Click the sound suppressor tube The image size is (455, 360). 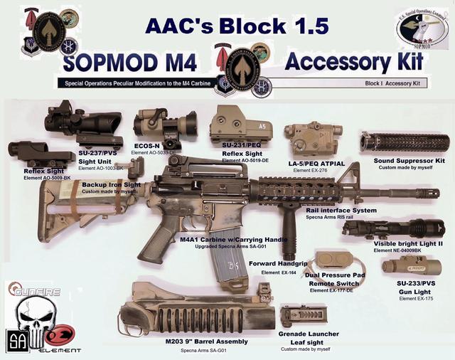tap(402, 142)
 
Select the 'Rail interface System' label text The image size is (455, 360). tap(341, 210)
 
